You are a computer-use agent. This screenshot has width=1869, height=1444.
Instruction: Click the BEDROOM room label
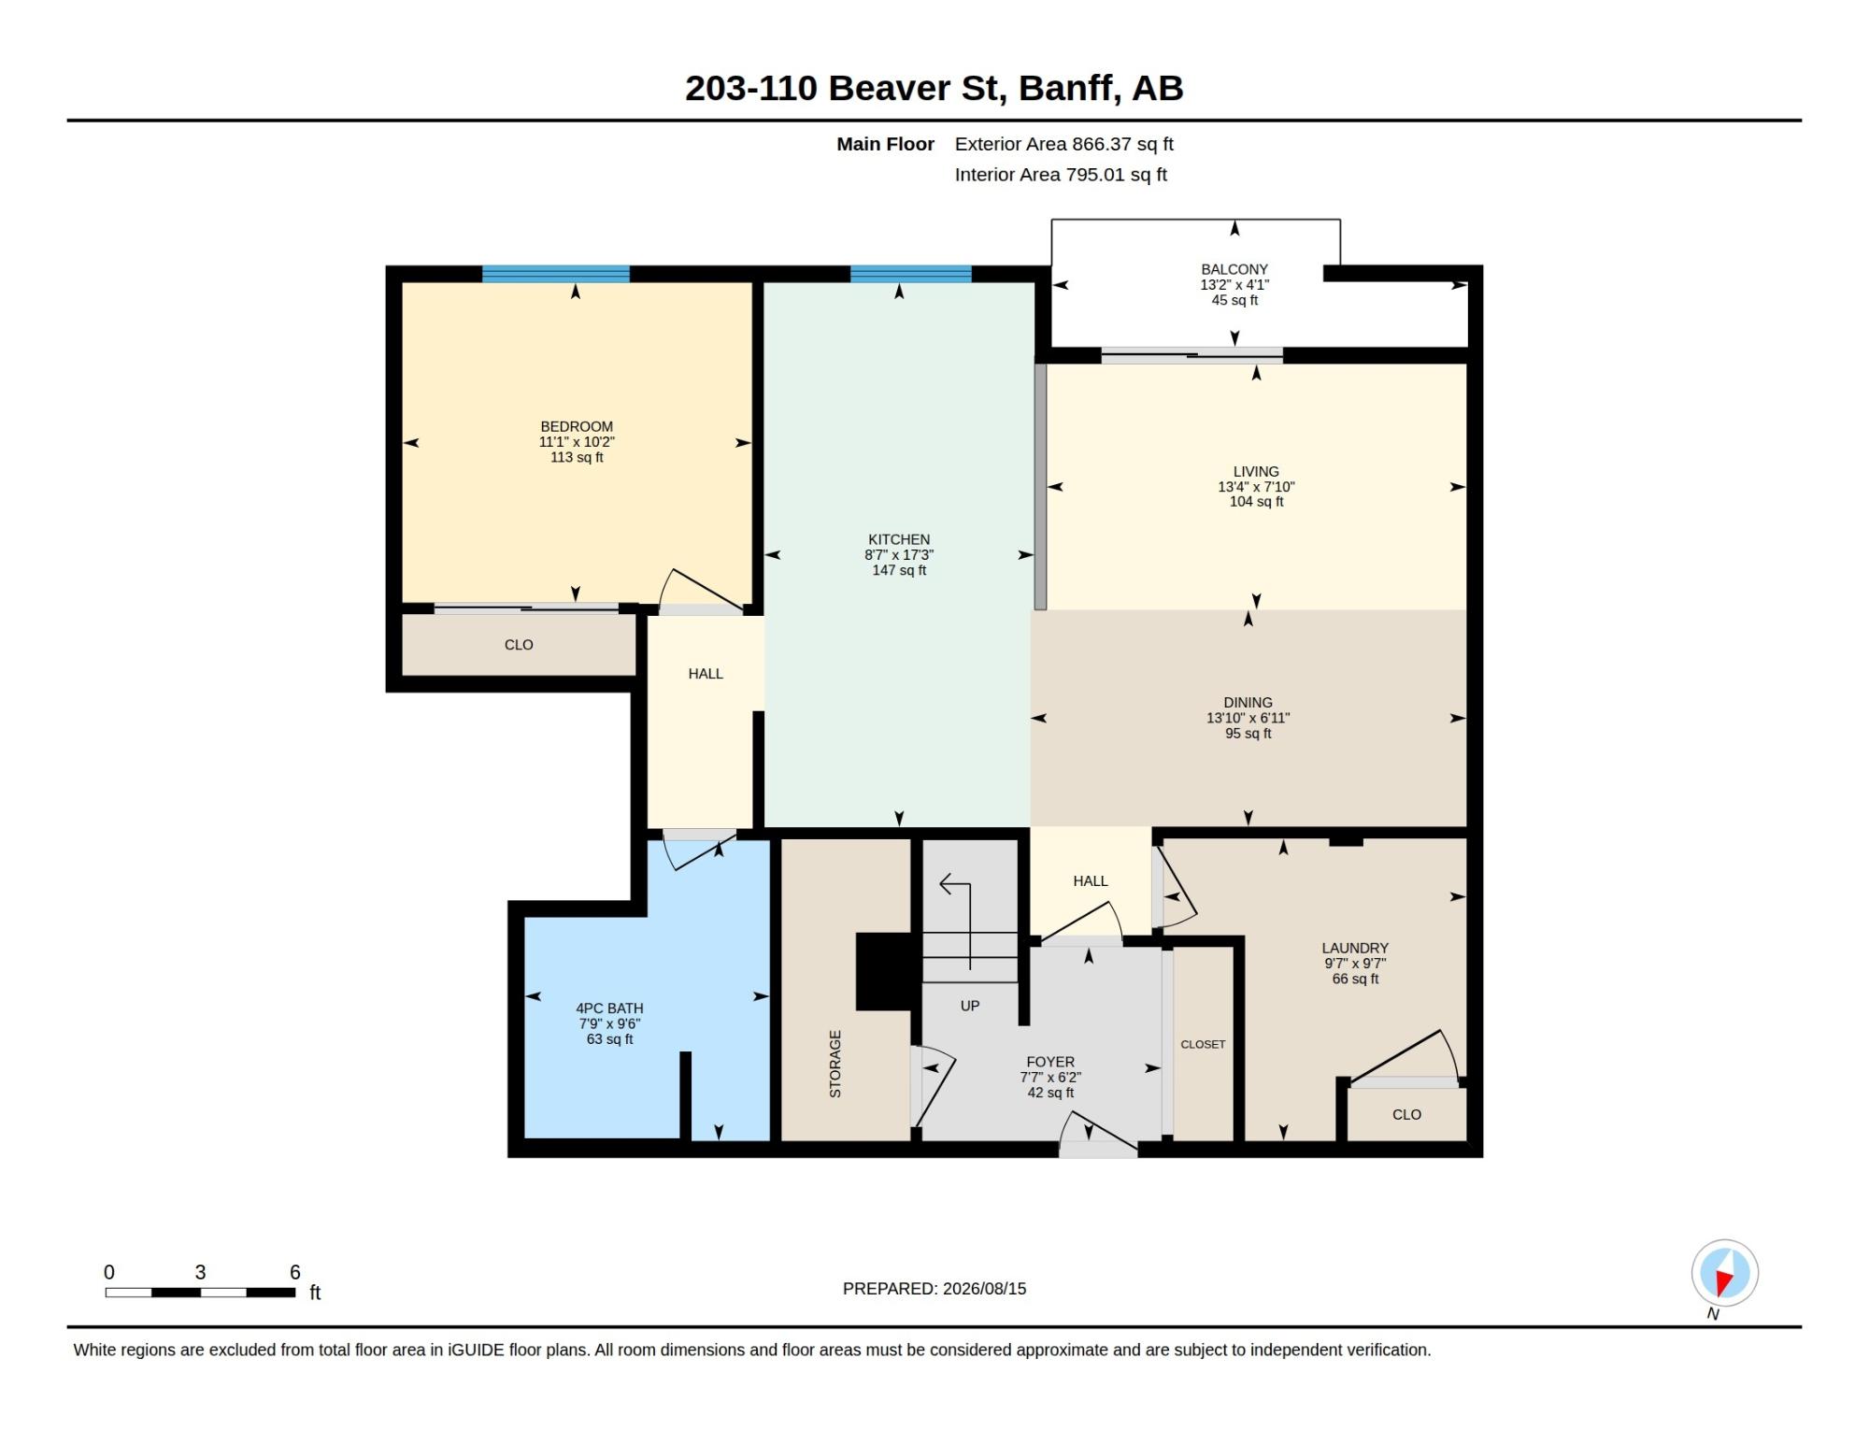tap(577, 426)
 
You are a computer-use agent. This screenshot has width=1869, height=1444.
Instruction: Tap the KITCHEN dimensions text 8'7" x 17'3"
tap(899, 555)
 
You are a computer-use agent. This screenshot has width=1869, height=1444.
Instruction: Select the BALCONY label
tap(1234, 269)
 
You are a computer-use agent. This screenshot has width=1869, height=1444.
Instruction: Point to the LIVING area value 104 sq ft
tap(1256, 502)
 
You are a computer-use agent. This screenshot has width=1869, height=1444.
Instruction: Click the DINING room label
tap(1248, 703)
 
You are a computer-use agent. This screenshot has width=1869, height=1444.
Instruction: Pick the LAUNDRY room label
tap(1355, 948)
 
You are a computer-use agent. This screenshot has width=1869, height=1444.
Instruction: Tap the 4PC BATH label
tap(609, 1008)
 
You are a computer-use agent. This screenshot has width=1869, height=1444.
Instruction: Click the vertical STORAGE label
tap(835, 1064)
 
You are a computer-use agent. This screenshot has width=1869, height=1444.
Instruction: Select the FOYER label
tap(1050, 1062)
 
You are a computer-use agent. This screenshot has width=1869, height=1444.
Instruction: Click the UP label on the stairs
tap(970, 1006)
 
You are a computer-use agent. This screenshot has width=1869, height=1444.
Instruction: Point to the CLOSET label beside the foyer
tap(1203, 1044)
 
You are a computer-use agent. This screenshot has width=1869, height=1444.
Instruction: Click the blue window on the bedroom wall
tap(556, 274)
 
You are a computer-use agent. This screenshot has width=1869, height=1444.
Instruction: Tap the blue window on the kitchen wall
tap(911, 274)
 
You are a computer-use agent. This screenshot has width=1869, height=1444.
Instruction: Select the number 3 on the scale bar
tap(200, 1272)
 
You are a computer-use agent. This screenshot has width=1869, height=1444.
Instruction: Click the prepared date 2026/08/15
tap(984, 1288)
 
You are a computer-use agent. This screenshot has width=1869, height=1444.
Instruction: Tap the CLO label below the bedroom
tap(519, 645)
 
